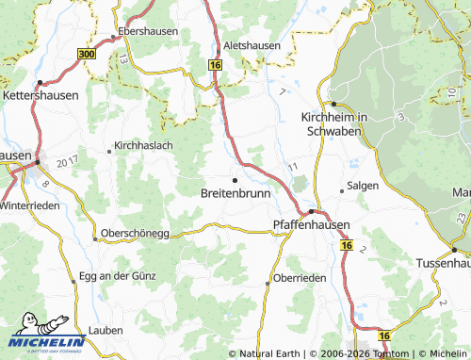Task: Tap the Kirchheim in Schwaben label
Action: coord(333,123)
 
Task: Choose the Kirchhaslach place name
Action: coord(144,146)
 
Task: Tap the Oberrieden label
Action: coord(299,278)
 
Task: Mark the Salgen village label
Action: coord(364,186)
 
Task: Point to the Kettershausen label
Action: coord(38,96)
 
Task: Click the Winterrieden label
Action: coord(29,205)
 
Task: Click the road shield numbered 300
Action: coord(88,57)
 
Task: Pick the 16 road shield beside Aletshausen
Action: coord(215,64)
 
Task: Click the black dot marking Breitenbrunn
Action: coord(235,179)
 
